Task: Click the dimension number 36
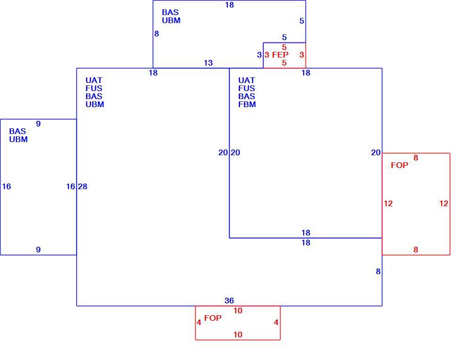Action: pyautogui.click(x=229, y=301)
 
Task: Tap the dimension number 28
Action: pyautogui.click(x=82, y=186)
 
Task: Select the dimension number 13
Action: pyautogui.click(x=208, y=63)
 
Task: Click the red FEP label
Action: pyautogui.click(x=280, y=55)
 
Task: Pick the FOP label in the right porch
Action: pyautogui.click(x=400, y=165)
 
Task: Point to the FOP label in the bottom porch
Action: pyautogui.click(x=213, y=318)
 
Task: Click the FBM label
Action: pyautogui.click(x=247, y=104)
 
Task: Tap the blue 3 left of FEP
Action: pyautogui.click(x=259, y=55)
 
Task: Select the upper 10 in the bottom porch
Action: pyautogui.click(x=238, y=310)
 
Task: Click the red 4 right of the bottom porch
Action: pyautogui.click(x=276, y=322)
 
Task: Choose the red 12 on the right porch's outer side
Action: pyautogui.click(x=444, y=203)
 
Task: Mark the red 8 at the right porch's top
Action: pyautogui.click(x=416, y=158)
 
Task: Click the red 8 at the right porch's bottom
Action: pyautogui.click(x=416, y=250)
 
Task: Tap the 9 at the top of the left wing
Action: pyautogui.click(x=38, y=124)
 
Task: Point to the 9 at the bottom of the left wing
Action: pyautogui.click(x=38, y=250)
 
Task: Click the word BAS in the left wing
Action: pyautogui.click(x=17, y=131)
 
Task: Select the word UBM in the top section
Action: pyautogui.click(x=171, y=20)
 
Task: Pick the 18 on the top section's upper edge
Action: pyautogui.click(x=229, y=5)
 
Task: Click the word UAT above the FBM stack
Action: pyautogui.click(x=246, y=80)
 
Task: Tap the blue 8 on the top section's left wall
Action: pyautogui.click(x=157, y=34)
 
